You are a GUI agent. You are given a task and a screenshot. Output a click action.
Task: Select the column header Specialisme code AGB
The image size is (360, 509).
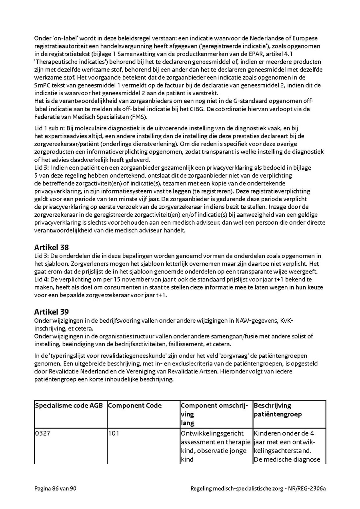69,405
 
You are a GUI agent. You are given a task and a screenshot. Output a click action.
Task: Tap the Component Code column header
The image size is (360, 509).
135,405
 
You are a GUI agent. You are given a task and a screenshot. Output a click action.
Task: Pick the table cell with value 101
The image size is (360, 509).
114,433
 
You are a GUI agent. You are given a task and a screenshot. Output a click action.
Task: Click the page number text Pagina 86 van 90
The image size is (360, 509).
55,489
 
